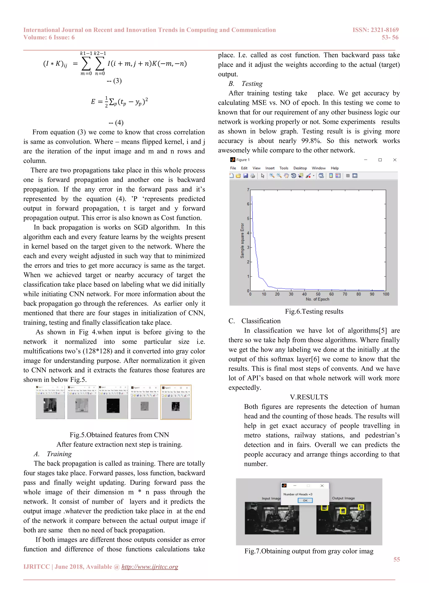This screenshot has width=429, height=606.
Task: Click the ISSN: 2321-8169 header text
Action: (x=375, y=30)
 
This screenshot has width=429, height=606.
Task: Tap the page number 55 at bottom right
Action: (x=397, y=559)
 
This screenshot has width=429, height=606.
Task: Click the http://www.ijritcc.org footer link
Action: (x=150, y=567)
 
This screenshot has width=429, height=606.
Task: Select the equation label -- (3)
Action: (x=114, y=81)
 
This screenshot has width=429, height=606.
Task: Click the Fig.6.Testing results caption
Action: (x=314, y=311)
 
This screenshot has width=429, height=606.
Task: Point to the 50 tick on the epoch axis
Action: (x=318, y=294)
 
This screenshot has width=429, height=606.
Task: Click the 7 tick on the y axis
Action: (x=248, y=190)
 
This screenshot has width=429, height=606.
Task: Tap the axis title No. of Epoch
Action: (x=317, y=299)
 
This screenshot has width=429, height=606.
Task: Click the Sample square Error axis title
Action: (x=242, y=240)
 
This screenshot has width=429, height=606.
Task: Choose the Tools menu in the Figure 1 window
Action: (x=284, y=168)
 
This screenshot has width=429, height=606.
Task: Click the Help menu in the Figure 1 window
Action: (x=335, y=168)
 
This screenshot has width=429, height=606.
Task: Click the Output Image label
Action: (x=343, y=498)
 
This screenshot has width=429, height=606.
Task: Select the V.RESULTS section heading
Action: (x=309, y=397)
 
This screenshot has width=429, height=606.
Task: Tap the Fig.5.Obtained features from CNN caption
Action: (x=119, y=435)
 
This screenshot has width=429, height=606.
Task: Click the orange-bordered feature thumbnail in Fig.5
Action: (x=176, y=402)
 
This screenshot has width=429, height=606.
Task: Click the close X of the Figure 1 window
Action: (x=395, y=160)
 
